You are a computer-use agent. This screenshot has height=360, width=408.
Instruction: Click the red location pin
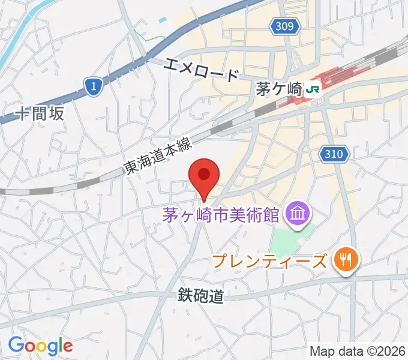tap(204, 176)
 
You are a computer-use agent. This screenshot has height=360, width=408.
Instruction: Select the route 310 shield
tap(334, 154)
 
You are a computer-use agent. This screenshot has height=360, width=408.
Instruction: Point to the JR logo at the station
tap(313, 89)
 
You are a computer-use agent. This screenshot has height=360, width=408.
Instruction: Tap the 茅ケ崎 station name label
tap(278, 89)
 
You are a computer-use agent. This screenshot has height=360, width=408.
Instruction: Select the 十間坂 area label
tap(40, 114)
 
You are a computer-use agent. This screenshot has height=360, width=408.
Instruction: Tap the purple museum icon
tap(297, 212)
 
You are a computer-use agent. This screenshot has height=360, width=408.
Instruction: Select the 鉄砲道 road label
tap(200, 295)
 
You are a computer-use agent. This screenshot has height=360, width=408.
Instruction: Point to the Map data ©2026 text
tap(358, 350)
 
